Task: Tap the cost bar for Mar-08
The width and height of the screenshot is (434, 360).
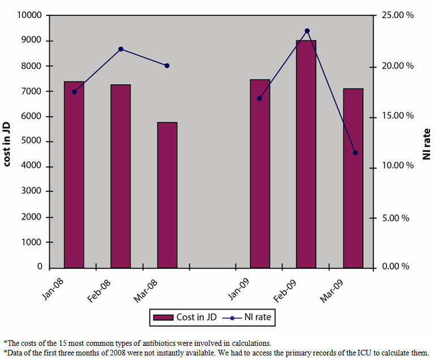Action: [x=167, y=195]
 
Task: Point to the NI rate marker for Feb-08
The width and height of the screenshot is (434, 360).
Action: [x=121, y=49]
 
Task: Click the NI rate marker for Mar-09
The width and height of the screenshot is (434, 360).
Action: [x=355, y=153]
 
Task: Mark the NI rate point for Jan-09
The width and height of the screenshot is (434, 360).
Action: [x=260, y=98]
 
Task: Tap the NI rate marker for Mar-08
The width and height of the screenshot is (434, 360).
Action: [x=167, y=66]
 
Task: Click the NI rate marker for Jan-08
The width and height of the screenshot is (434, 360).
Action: [x=74, y=92]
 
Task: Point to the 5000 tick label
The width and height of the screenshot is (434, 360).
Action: [x=33, y=142]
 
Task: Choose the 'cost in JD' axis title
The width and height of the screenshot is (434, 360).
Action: [x=7, y=142]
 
